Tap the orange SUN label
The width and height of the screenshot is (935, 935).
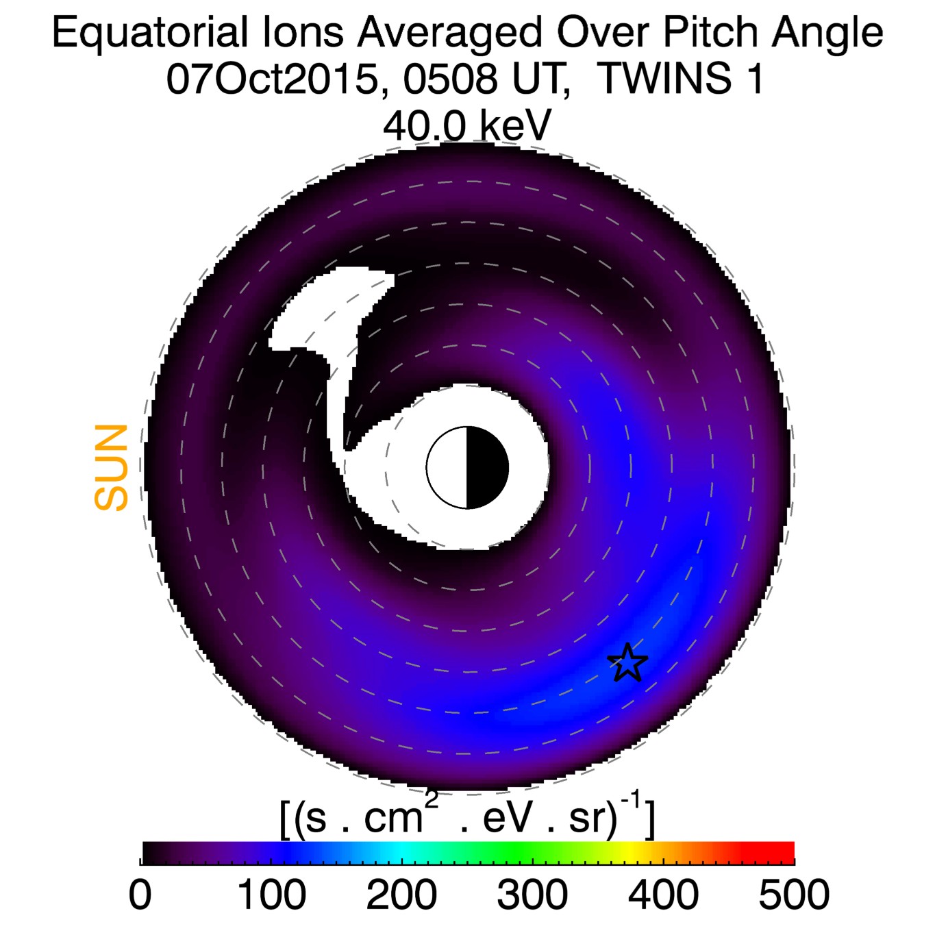(112, 468)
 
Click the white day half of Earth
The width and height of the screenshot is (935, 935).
(447, 468)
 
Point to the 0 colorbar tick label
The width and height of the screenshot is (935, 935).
(140, 895)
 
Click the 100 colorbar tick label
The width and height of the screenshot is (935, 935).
(271, 895)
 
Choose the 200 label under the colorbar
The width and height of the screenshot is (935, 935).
(401, 895)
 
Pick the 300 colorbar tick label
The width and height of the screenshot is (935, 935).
(532, 895)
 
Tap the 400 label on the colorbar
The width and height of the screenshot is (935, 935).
(663, 895)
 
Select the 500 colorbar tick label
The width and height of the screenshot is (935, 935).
(793, 895)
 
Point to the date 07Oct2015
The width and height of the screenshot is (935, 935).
(272, 79)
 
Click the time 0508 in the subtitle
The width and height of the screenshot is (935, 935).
(449, 79)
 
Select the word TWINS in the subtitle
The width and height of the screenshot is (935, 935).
(665, 79)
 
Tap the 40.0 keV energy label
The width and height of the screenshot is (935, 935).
(466, 126)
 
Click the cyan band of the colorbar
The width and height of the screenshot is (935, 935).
(403, 853)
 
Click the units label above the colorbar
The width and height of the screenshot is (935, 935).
(468, 816)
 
